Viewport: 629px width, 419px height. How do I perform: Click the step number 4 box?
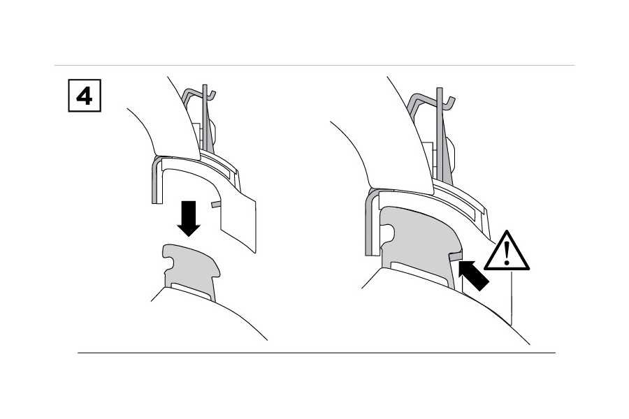85,96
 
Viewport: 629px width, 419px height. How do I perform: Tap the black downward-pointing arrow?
189,218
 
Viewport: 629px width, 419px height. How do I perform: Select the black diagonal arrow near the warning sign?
473,274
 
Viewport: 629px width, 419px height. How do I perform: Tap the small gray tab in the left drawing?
216,205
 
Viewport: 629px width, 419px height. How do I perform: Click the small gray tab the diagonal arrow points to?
456,256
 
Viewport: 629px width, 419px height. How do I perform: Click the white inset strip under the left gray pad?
191,291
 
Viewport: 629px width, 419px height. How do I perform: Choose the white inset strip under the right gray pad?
419,273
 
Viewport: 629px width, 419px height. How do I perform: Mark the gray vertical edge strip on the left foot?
156,180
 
